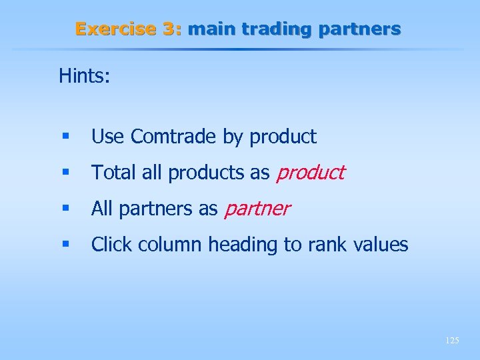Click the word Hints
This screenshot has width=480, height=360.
84,76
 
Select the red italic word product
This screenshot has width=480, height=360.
310,173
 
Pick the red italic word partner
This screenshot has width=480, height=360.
257,209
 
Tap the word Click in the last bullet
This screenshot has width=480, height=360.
109,245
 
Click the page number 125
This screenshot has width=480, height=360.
451,341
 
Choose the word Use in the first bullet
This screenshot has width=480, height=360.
107,137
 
